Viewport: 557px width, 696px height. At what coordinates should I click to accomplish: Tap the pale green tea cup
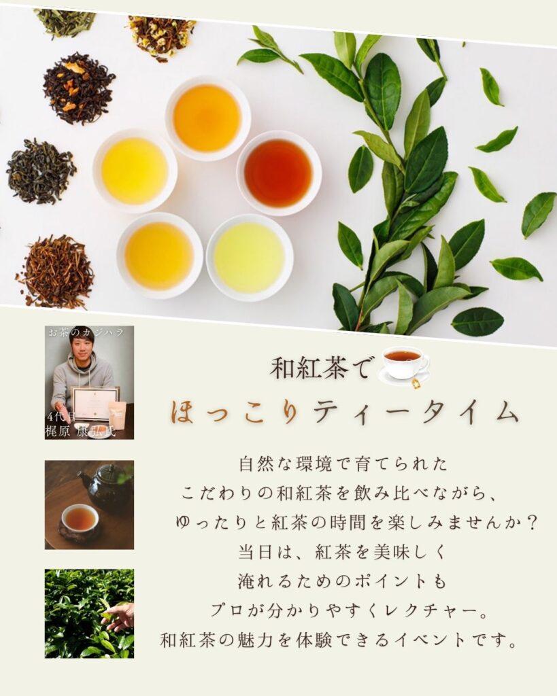click(249, 258)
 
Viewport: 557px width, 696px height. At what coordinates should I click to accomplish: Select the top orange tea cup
click(208, 118)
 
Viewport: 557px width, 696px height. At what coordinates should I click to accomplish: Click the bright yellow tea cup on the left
click(135, 171)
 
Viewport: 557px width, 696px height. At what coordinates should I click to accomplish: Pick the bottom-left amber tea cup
click(159, 256)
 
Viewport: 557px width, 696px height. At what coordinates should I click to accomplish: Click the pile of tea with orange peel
click(79, 88)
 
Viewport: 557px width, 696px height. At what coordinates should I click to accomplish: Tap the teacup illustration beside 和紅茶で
click(403, 366)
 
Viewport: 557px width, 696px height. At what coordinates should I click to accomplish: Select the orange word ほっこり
click(234, 413)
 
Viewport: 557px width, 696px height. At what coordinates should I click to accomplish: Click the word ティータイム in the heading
click(416, 413)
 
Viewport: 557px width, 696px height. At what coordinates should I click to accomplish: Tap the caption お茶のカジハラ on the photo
click(86, 332)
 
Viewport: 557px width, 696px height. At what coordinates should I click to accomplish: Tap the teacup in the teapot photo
click(80, 519)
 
